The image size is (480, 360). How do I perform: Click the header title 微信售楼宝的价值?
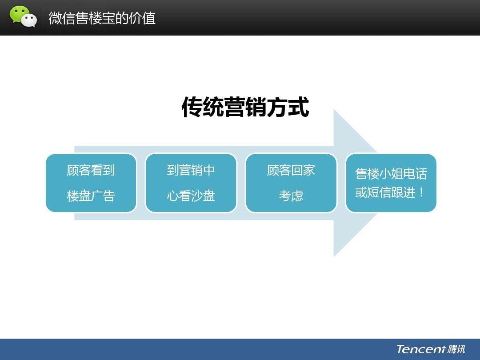pyautogui.click(x=102, y=18)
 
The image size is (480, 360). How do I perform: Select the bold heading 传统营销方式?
pyautogui.click(x=245, y=107)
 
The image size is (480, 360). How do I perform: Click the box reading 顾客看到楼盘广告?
pyautogui.click(x=91, y=183)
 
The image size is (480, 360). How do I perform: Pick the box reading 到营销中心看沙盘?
pyautogui.click(x=191, y=183)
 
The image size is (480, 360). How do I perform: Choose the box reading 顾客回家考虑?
pyautogui.click(x=291, y=183)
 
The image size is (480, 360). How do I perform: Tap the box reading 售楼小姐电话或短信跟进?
pyautogui.click(x=391, y=183)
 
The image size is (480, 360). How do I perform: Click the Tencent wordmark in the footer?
pyautogui.click(x=420, y=349)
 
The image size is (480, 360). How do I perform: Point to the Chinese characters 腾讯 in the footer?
pyautogui.click(x=456, y=349)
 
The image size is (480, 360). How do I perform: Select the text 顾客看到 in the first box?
pyautogui.click(x=91, y=170)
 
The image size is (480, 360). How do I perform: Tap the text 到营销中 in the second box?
pyautogui.click(x=191, y=170)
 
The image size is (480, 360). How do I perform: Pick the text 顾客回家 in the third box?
pyautogui.click(x=291, y=170)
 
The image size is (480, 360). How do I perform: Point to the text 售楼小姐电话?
pyautogui.click(x=391, y=174)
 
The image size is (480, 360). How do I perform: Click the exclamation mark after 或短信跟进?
pyautogui.click(x=421, y=192)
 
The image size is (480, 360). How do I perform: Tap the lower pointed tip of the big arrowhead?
pyautogui.click(x=334, y=256)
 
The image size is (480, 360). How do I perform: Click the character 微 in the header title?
pyautogui.click(x=56, y=18)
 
